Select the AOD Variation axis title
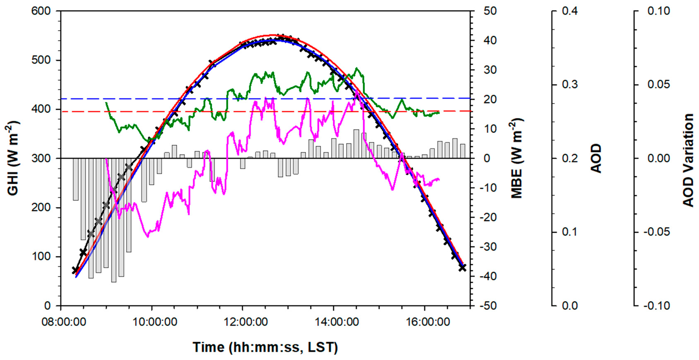688,160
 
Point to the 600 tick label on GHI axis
41,11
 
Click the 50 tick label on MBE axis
490,11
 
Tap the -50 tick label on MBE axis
488,306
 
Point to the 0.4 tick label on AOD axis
570,11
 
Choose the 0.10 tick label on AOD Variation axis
659,11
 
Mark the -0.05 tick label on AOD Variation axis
657,232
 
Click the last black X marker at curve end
463,268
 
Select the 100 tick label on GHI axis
41,256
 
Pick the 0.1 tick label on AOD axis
570,232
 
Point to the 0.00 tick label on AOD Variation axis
659,158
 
